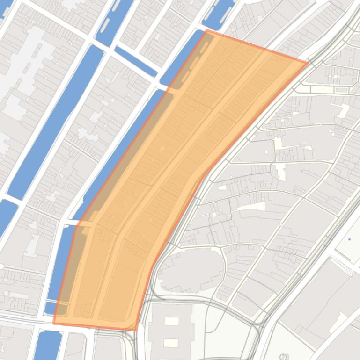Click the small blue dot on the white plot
349,239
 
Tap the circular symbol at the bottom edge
282,358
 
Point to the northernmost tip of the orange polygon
206,30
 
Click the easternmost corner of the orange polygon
308,63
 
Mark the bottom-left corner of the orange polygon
53,323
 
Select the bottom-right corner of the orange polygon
136,330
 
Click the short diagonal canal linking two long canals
135,61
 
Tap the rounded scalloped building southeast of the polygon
190,271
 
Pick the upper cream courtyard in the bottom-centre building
172,321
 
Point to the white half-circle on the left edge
1,266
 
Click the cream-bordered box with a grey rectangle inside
341,89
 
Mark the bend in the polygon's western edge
75,226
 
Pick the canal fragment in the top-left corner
6,9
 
